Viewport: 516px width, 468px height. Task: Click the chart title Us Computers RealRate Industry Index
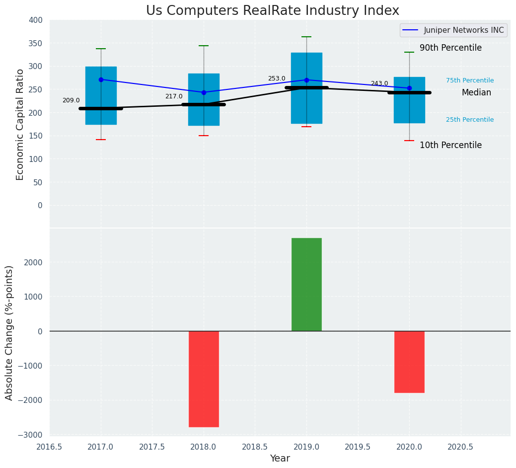point(272,10)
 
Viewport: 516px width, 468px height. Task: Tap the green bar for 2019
point(306,284)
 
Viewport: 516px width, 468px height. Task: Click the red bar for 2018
point(204,379)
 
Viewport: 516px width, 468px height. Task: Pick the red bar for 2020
point(409,362)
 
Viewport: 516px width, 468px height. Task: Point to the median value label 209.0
point(71,100)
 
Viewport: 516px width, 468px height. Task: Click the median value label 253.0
point(277,78)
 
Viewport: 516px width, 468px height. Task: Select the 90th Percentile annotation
point(450,48)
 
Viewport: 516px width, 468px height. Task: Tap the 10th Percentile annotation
point(450,145)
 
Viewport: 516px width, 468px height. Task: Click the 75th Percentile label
point(470,80)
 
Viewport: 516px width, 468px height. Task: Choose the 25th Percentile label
point(470,120)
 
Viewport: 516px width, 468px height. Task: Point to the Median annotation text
point(476,92)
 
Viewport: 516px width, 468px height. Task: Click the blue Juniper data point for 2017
point(101,79)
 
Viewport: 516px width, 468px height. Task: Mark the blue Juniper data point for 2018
point(204,92)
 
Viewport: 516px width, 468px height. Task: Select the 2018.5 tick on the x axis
point(255,447)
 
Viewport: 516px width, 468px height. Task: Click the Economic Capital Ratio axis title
point(20,124)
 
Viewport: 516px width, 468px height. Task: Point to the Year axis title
point(280,459)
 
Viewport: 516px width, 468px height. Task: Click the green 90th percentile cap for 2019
point(306,37)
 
